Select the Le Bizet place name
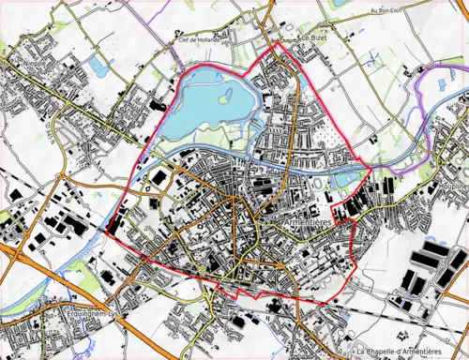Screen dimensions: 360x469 (310, 38)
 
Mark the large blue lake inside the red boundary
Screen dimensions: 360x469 (211, 108)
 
